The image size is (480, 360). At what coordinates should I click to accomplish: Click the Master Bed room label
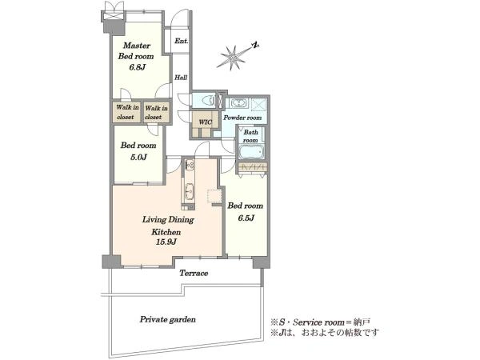[136, 51]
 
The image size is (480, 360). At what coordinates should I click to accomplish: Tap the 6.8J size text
[137, 67]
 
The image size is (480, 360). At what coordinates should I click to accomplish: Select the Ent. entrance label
[182, 41]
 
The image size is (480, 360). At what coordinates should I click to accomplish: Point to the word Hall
[181, 78]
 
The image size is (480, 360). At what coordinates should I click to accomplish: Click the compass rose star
[234, 58]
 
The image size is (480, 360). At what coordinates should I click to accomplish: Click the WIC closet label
[205, 122]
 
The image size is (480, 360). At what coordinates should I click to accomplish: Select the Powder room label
[242, 118]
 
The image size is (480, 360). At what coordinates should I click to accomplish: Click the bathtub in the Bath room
[251, 152]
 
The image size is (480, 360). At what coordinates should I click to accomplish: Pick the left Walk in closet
[127, 112]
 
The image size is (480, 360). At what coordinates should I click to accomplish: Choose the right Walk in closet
[156, 112]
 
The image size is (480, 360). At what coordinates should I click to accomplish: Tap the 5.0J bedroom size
[138, 158]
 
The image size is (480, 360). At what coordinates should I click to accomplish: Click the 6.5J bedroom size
[246, 218]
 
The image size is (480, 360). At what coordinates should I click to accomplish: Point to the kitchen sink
[190, 192]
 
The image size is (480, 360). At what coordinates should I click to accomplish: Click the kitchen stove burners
[190, 166]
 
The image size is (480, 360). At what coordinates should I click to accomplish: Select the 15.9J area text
[166, 242]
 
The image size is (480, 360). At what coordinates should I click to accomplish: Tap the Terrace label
[194, 273]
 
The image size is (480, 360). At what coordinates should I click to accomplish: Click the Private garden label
[168, 319]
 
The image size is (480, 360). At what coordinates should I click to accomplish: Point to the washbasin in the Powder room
[237, 103]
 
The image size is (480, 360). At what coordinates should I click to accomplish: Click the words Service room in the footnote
[318, 322]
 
